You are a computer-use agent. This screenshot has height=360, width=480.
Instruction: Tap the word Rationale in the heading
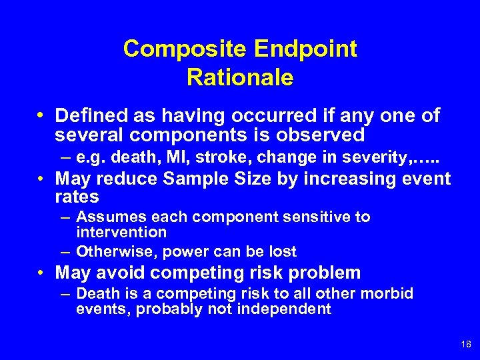click(x=240, y=78)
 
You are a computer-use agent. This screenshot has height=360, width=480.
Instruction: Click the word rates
click(x=77, y=197)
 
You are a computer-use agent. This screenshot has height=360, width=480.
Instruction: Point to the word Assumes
click(x=107, y=217)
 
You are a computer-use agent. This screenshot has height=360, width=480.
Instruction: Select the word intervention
click(x=121, y=232)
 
